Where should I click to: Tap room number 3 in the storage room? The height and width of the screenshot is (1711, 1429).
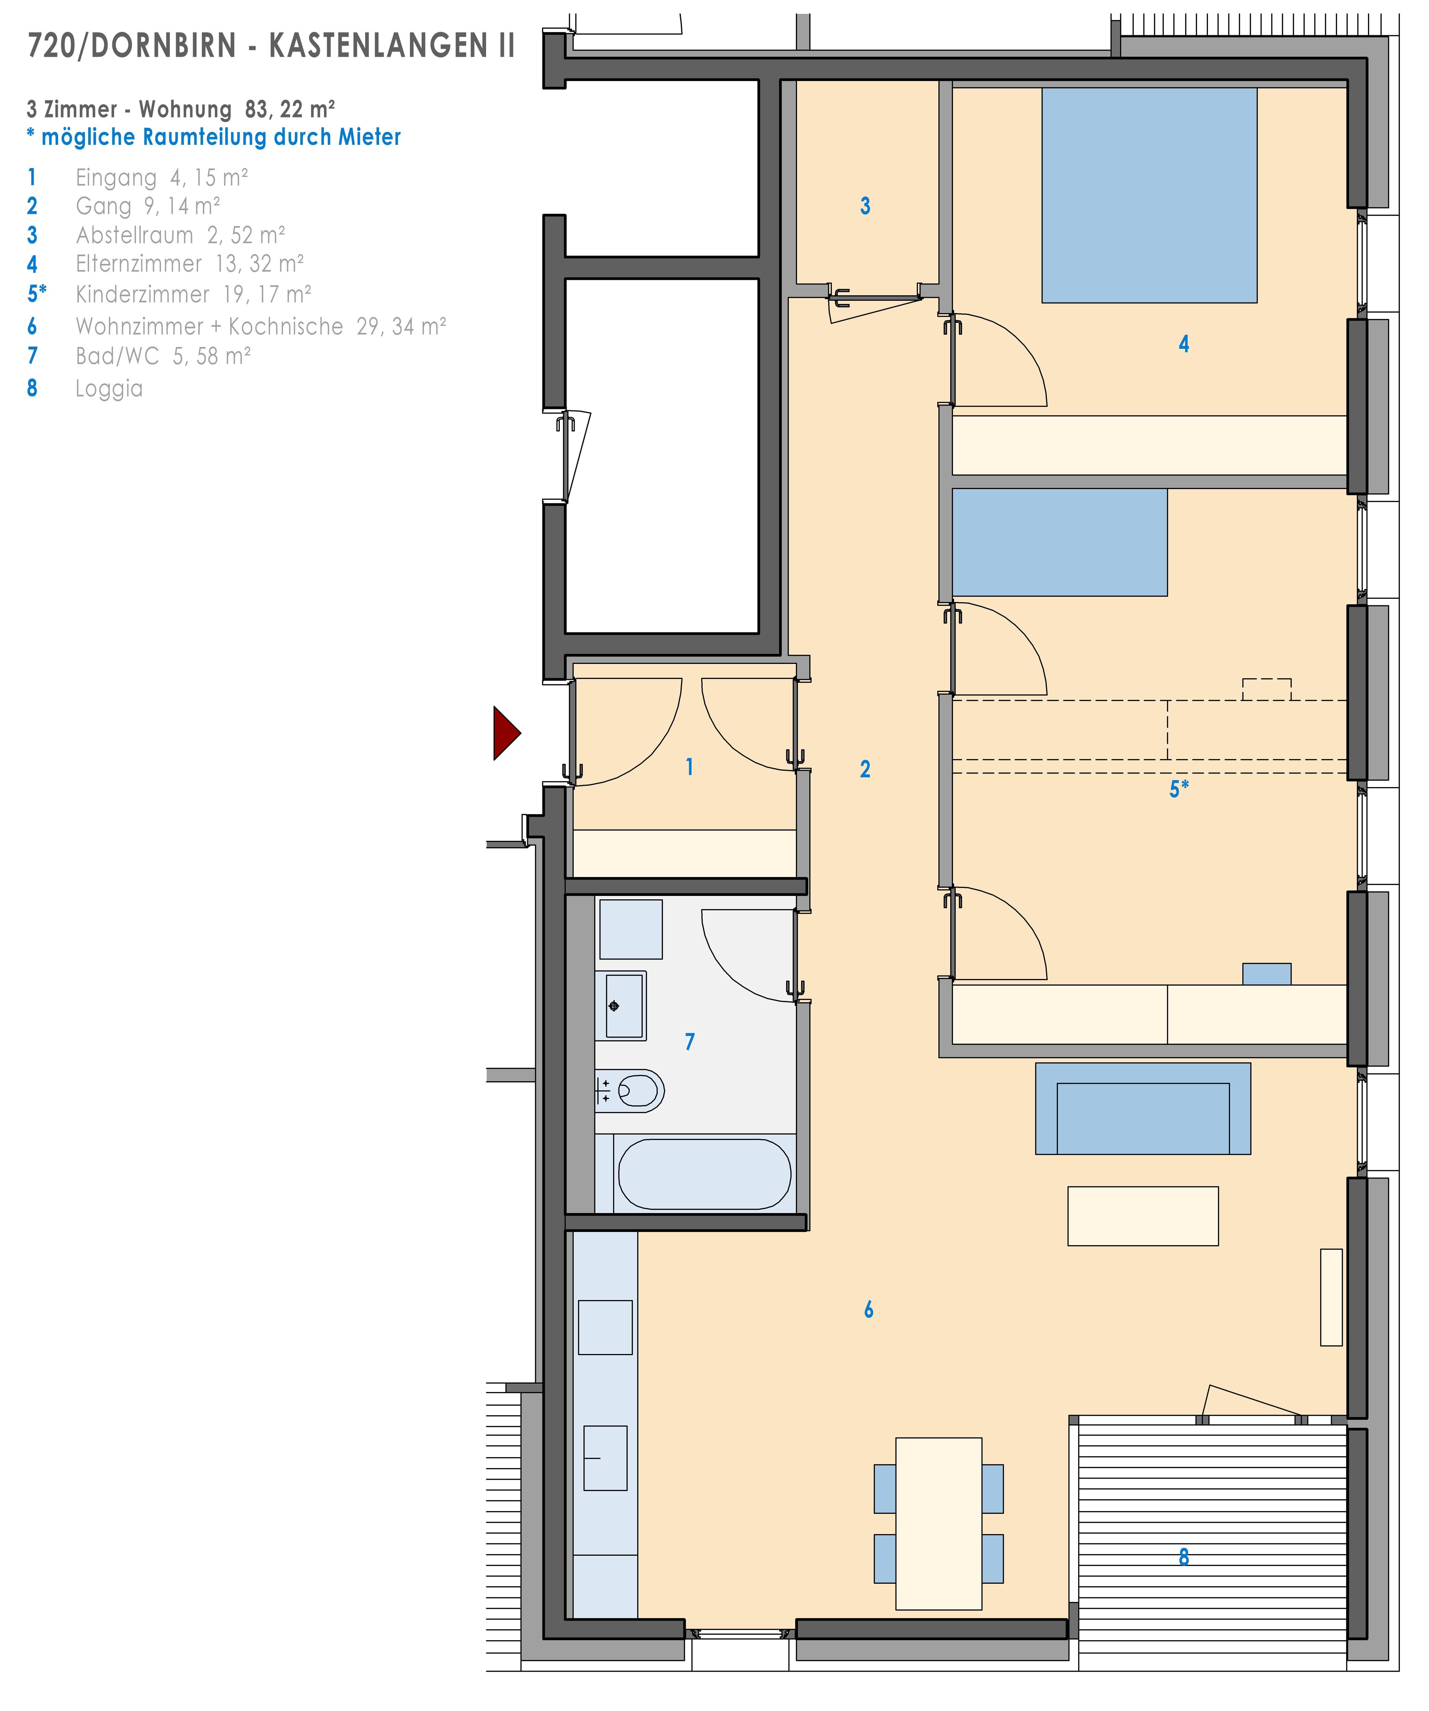click(865, 206)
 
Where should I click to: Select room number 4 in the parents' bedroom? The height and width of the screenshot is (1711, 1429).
click(1184, 344)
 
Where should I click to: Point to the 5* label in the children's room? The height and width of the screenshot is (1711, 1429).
click(1179, 789)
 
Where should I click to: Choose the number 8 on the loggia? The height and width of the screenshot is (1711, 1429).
click(1184, 1557)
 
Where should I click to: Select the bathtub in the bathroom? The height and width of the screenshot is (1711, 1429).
click(704, 1174)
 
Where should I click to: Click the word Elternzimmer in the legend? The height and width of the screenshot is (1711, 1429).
click(139, 264)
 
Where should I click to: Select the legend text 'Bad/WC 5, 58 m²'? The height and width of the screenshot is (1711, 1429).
click(163, 356)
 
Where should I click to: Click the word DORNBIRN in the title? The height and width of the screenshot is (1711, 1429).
click(163, 47)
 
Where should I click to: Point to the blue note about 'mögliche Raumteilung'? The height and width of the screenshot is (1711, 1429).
click(214, 137)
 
